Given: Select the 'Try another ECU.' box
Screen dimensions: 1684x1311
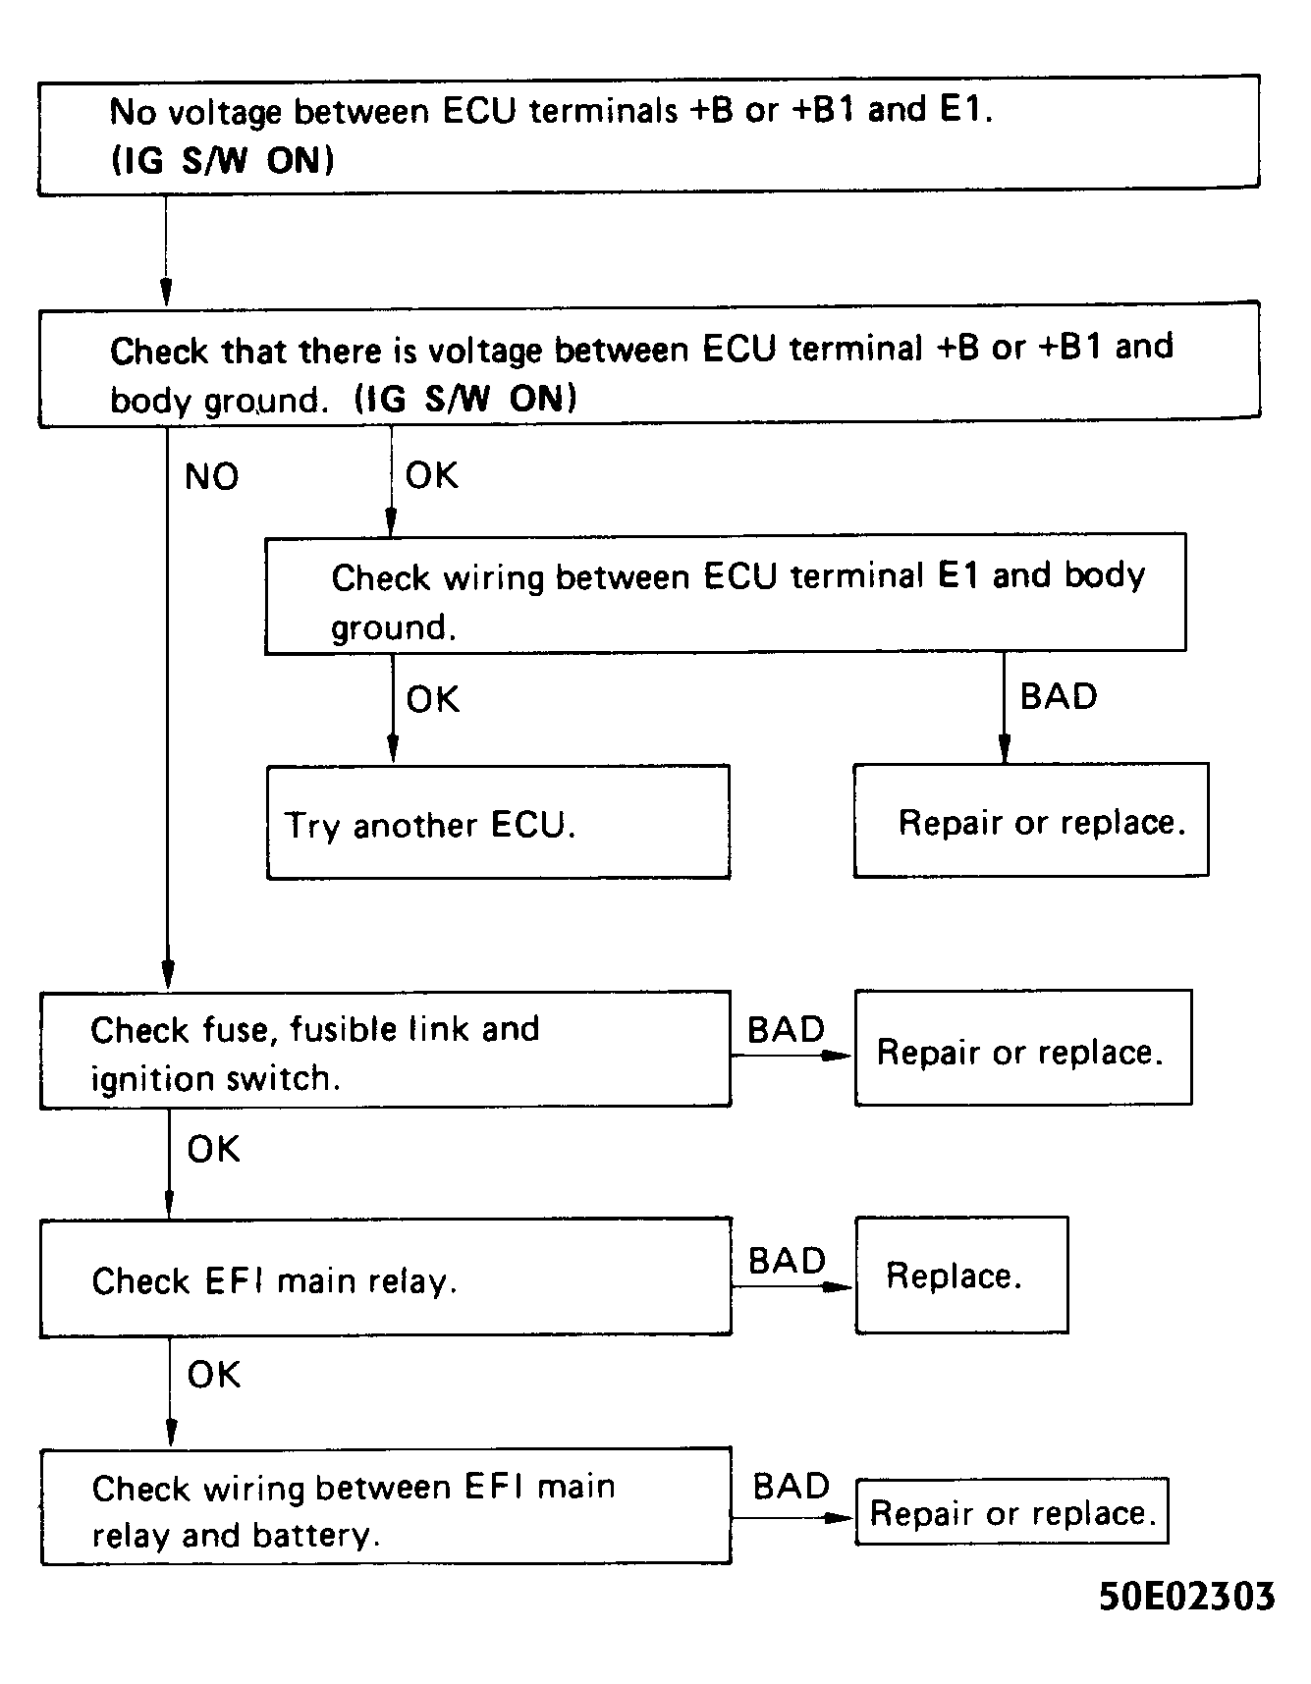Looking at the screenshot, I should pos(498,823).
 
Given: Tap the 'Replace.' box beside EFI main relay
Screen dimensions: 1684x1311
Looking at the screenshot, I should pos(960,1276).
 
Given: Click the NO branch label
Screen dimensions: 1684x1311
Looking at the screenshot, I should pos(211,477).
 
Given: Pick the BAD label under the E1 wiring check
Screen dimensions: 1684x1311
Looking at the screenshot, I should pos(1058,696).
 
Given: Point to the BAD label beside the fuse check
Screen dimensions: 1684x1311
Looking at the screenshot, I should pos(786,1030).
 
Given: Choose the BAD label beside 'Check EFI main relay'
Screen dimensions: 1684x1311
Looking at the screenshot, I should pos(787,1261).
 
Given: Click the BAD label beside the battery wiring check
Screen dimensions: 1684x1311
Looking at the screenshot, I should pos(791,1487).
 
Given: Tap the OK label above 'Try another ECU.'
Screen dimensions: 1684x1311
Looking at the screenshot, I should pos(432,699).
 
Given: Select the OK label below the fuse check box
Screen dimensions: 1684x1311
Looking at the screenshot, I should pos(213,1149).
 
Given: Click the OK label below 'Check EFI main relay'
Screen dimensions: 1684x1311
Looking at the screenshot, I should pos(213,1375).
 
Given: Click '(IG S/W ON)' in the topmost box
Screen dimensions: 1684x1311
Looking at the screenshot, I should pos(222,159).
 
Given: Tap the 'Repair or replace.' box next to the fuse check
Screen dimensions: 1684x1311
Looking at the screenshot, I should pos(1022,1049).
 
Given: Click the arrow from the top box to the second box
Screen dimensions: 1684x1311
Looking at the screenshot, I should pos(166,250).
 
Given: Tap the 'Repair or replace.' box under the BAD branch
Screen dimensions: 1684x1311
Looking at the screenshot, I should pos(1030,821).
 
